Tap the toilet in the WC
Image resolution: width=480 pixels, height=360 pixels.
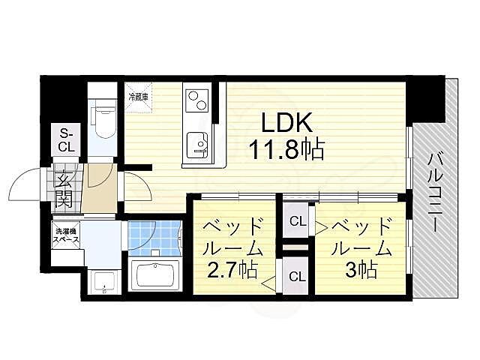(x=101, y=121)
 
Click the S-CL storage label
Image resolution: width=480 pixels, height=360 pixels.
(x=66, y=140)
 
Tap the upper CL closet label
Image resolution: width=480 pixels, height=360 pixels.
(x=297, y=221)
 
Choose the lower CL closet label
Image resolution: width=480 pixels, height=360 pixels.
(x=297, y=276)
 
